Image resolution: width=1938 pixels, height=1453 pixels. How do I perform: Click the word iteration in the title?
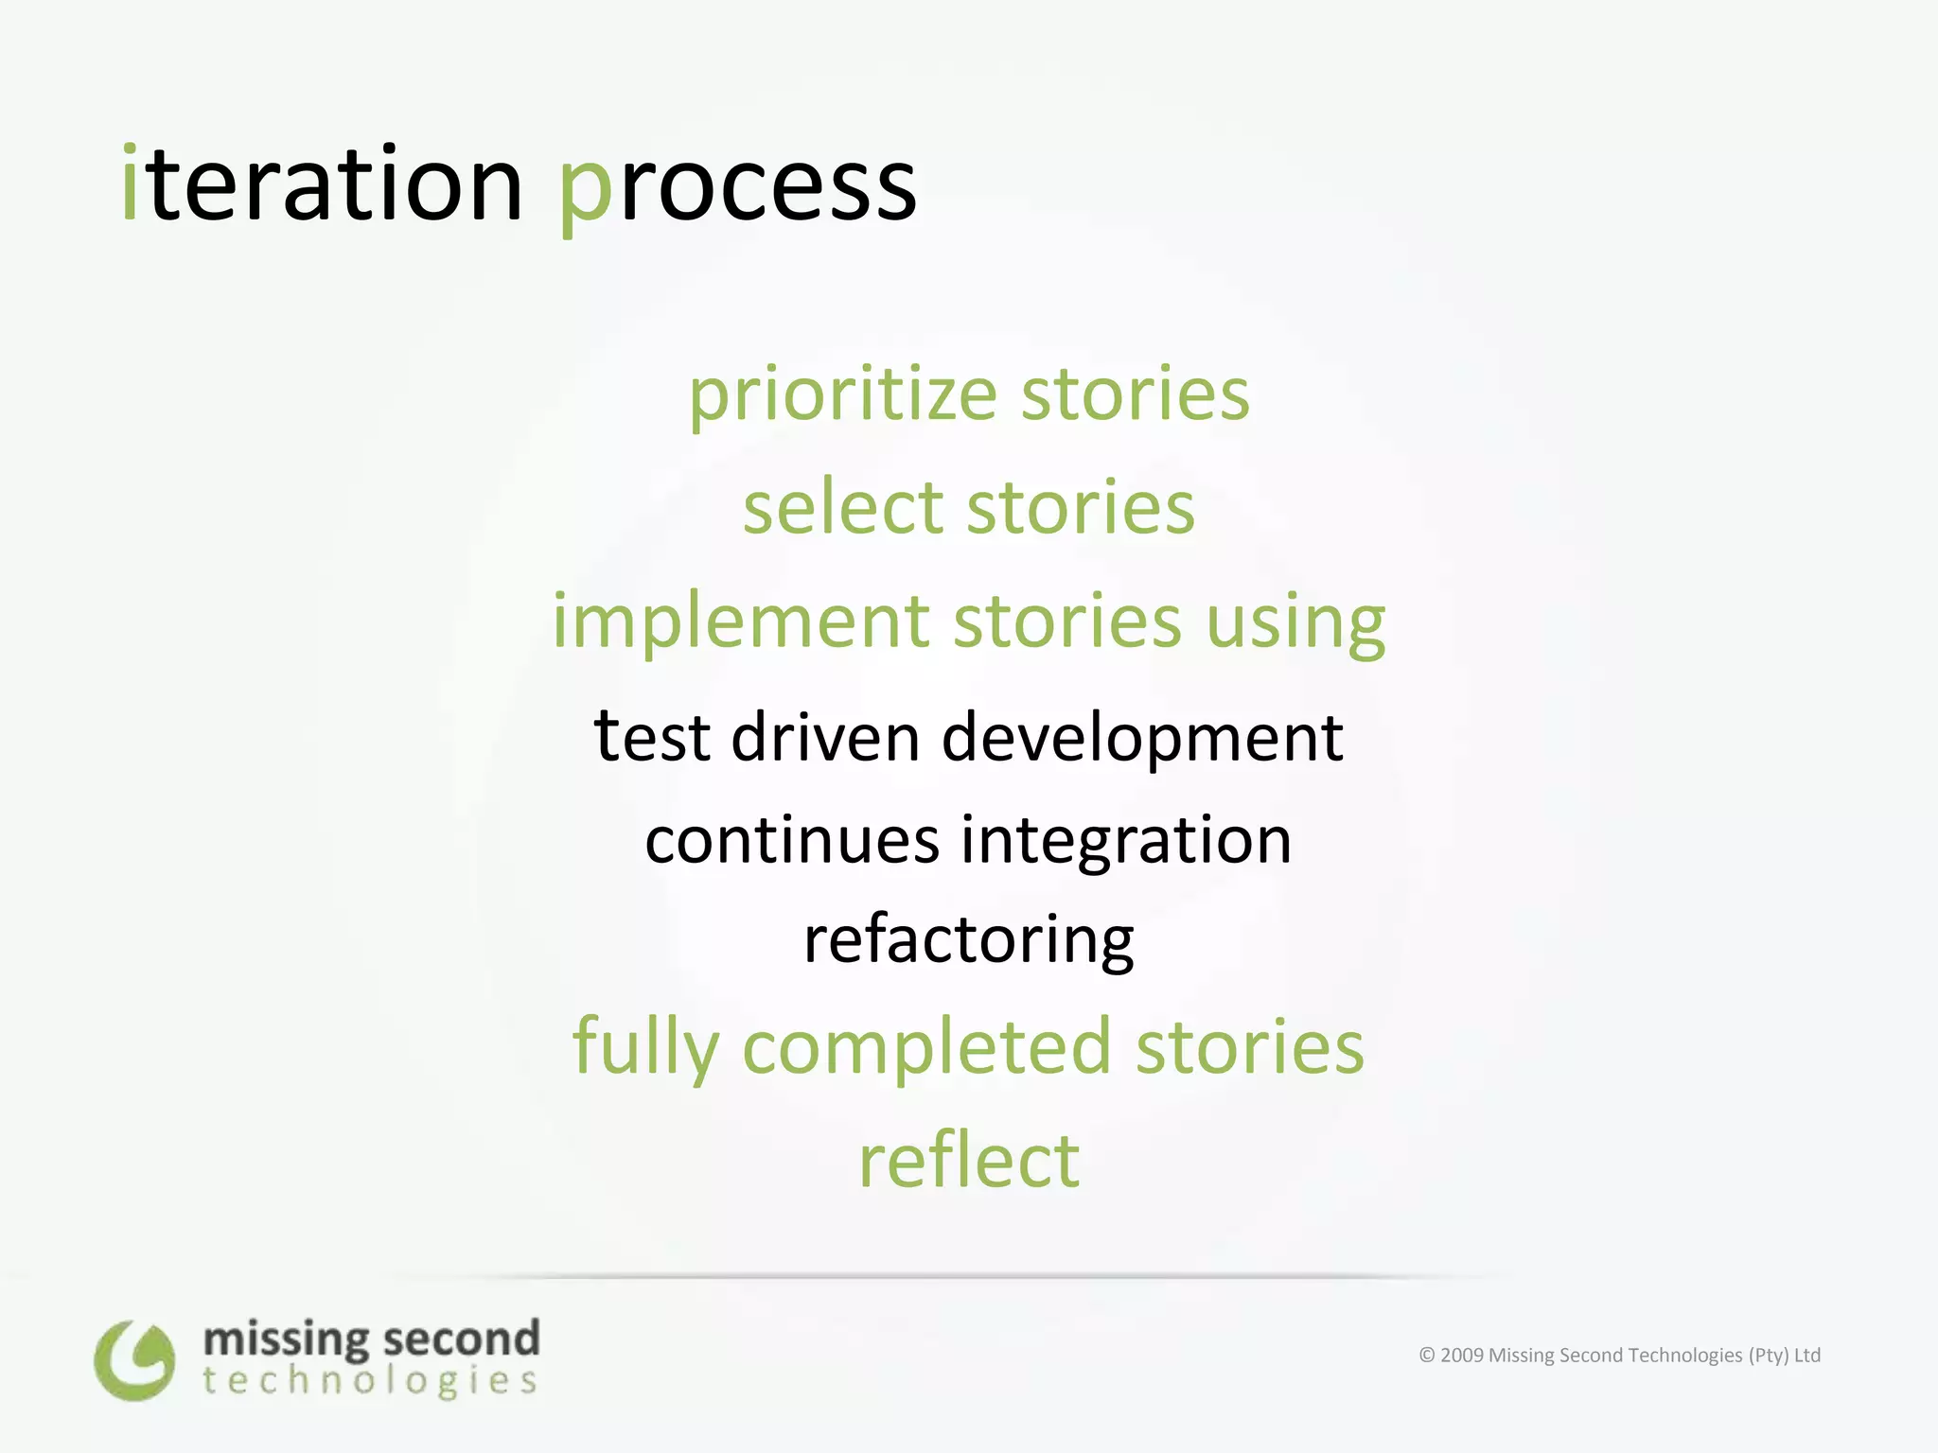click(x=322, y=184)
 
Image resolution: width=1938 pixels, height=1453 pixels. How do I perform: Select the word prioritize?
click(x=842, y=395)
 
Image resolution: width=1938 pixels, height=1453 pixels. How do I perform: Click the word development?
click(x=1142, y=739)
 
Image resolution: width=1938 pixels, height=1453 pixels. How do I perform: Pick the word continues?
click(x=792, y=840)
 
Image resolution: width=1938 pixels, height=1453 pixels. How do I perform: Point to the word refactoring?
click(x=968, y=941)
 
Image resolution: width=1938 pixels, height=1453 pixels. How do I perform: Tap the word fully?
click(x=645, y=1048)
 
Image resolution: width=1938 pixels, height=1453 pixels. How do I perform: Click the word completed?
click(x=925, y=1048)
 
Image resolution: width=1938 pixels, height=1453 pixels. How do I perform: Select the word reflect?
click(x=968, y=1161)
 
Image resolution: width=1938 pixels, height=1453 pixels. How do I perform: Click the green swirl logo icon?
click(x=134, y=1360)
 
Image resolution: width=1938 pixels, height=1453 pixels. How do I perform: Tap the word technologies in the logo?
click(x=370, y=1381)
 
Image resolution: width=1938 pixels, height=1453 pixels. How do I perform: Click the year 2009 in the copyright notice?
click(x=1461, y=1355)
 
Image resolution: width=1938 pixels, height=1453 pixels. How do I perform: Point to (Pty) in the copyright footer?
click(x=1769, y=1355)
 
